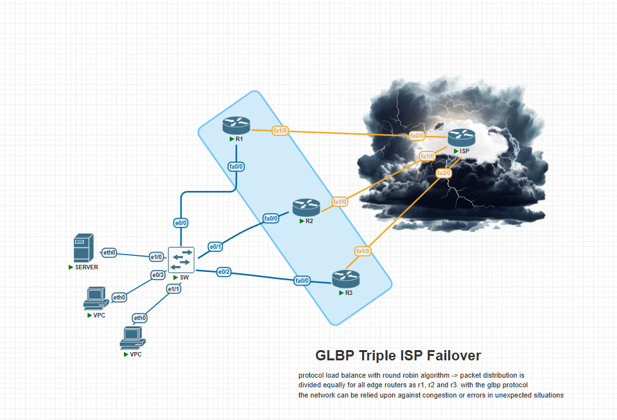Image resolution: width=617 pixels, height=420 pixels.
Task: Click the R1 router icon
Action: [236, 126]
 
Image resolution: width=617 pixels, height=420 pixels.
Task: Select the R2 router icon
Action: [306, 208]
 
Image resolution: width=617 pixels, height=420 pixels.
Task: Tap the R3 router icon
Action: [346, 279]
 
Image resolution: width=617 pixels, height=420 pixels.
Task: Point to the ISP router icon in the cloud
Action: [462, 138]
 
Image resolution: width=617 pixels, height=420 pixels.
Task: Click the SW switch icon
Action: [181, 260]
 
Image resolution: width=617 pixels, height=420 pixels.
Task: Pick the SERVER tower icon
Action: [84, 248]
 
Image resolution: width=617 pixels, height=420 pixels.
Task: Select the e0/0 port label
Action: [180, 223]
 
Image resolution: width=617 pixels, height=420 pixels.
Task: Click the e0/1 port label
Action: [215, 247]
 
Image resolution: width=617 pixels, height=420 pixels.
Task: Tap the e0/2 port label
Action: [224, 272]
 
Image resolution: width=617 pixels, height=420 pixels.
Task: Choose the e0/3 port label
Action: [158, 275]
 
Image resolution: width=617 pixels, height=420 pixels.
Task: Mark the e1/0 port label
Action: [156, 257]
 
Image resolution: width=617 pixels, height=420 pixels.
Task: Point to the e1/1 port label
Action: [173, 289]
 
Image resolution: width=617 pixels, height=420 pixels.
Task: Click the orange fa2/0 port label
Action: [444, 173]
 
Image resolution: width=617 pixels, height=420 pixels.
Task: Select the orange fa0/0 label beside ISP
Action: [417, 136]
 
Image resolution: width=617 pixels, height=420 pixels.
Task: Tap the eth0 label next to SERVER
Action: [109, 253]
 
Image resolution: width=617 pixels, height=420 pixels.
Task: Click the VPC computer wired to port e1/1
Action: [133, 338]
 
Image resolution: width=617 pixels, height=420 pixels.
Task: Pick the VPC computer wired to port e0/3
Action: [96, 299]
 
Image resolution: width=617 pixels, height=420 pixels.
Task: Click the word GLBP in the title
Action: [335, 356]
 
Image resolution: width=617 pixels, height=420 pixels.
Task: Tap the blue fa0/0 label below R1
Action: [236, 167]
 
